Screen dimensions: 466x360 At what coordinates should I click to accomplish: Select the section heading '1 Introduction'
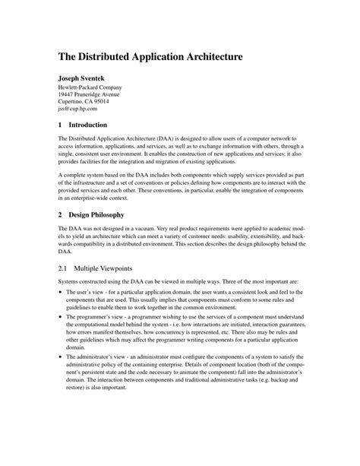point(84,125)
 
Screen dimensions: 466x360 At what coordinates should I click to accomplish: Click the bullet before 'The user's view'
point(61,293)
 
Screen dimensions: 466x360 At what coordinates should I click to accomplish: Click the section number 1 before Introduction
point(61,125)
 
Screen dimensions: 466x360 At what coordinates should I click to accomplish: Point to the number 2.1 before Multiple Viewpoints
point(64,268)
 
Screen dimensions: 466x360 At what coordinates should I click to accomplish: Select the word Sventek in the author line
point(99,78)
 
